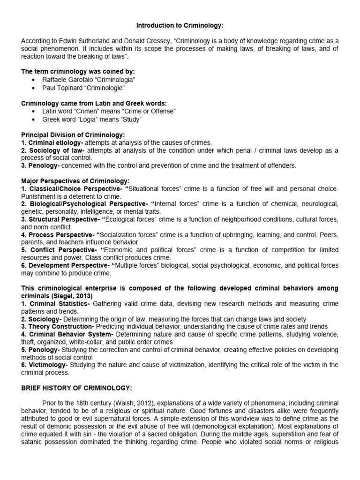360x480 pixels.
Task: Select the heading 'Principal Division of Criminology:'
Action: (x=73, y=135)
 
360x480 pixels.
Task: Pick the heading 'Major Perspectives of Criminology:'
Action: (x=75, y=180)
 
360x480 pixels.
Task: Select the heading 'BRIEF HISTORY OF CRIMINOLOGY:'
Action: (x=77, y=387)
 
